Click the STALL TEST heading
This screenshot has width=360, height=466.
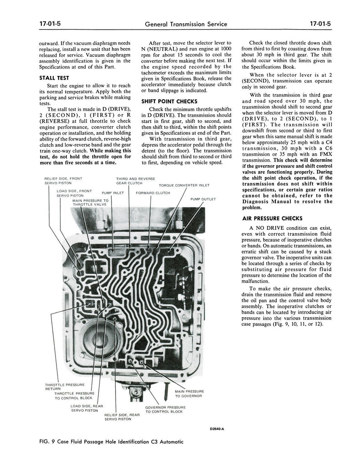tap(54, 78)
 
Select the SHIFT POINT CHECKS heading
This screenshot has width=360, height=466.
tap(169, 101)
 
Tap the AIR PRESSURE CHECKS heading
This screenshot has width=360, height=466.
tap(272, 218)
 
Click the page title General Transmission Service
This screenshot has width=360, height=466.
tap(186, 25)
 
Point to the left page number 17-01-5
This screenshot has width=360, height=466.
tap(50, 24)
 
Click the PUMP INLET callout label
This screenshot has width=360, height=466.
tap(113, 193)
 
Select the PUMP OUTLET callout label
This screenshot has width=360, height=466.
tap(203, 199)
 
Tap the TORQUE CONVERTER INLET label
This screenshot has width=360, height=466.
tap(184, 186)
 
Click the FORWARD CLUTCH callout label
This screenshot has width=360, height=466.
tap(153, 193)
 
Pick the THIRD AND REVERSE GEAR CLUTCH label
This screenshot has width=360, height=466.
tap(136, 181)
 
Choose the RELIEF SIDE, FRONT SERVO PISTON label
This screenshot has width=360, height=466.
tap(63, 181)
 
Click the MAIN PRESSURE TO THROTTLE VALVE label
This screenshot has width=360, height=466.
tap(91, 203)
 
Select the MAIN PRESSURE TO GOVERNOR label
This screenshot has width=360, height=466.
tap(189, 394)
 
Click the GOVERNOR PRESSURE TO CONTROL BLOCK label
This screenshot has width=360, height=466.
tap(165, 410)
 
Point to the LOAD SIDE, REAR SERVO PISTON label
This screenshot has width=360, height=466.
tap(86, 408)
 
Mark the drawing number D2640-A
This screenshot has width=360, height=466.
tap(217, 429)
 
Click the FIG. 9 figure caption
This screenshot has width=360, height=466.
tap(111, 441)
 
